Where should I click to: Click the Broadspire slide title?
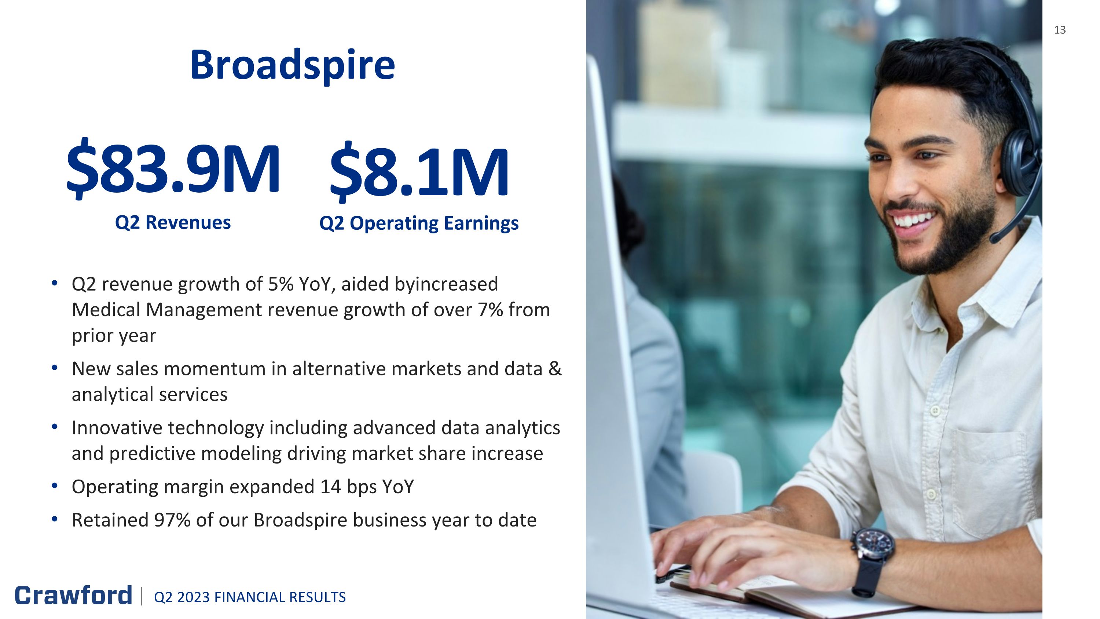(x=293, y=65)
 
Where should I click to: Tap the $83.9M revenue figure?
(x=173, y=168)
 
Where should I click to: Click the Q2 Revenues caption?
(x=173, y=223)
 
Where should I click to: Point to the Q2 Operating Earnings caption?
(x=419, y=223)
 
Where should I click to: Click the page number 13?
(x=1060, y=30)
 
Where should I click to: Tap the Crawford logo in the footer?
(x=73, y=595)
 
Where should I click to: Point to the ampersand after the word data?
(x=555, y=369)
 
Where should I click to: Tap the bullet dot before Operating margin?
(x=54, y=486)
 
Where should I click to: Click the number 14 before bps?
(x=330, y=487)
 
